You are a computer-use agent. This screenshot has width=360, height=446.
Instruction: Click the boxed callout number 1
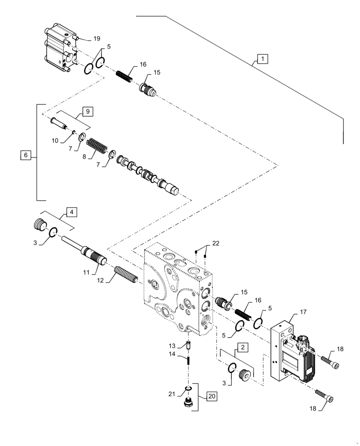pyautogui.click(x=262, y=58)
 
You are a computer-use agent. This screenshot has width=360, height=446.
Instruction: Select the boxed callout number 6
pyautogui.click(x=25, y=155)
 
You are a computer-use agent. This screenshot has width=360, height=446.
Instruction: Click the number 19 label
pyautogui.click(x=97, y=39)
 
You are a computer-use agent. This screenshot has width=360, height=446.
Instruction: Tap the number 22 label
pyautogui.click(x=216, y=243)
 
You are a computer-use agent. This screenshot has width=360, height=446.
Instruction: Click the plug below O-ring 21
pyautogui.click(x=188, y=405)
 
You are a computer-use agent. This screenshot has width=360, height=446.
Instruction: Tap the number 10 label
pyautogui.click(x=55, y=140)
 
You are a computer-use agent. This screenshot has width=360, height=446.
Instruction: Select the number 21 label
pyautogui.click(x=171, y=393)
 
